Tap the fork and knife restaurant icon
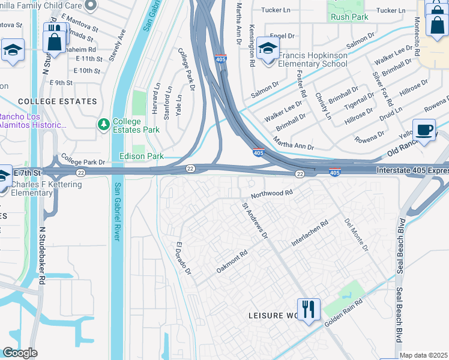pos(309,310)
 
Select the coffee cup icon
pos(425,130)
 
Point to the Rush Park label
pos(349,17)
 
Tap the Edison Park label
pos(142,157)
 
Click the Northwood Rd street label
pos(271,193)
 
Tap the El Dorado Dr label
pos(182,259)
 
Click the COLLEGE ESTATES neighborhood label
pos(58,101)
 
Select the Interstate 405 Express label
pos(412,171)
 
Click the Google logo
pos(20,353)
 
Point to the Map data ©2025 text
pos(424,355)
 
